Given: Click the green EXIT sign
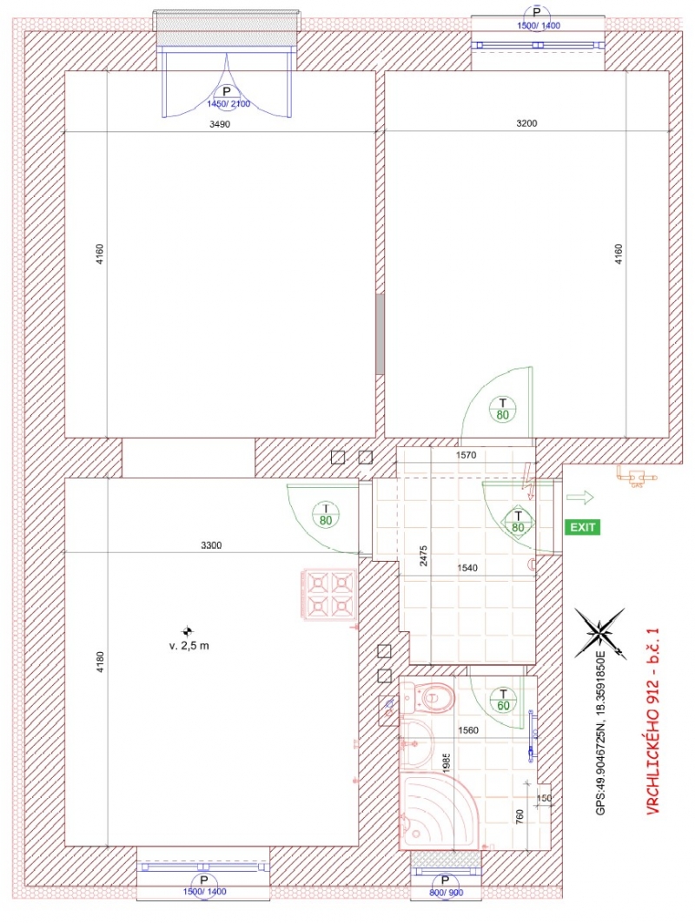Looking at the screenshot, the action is click(582, 527).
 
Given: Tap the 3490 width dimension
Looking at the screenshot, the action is click(220, 124).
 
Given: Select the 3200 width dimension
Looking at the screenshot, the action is click(526, 123).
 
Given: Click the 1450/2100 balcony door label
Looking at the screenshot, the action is click(228, 103).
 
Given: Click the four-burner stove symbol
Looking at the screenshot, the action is click(328, 594).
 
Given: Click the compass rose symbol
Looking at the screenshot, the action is click(600, 633).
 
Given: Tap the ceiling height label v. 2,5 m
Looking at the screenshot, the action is click(189, 645).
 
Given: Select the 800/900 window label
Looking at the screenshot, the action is click(447, 893).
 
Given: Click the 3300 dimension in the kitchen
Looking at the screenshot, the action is click(211, 545).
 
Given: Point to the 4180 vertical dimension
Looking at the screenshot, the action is click(100, 663).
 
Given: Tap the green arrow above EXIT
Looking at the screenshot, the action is click(580, 498).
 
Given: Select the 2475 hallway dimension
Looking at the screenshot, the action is click(423, 556).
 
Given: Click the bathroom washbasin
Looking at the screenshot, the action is click(417, 743).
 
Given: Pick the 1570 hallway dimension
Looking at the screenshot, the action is click(466, 455).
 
